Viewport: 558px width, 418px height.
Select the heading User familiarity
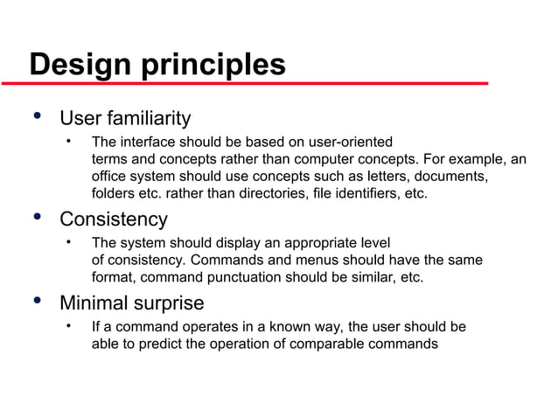124,118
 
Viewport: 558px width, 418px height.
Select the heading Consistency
113,219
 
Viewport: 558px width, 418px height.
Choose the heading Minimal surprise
131,303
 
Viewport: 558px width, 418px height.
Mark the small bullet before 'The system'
67,242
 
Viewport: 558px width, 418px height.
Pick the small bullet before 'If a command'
67,327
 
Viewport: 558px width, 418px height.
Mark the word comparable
337,344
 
